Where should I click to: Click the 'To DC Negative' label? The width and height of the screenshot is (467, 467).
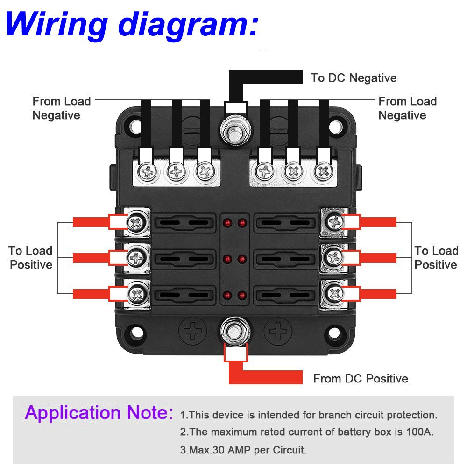(354, 78)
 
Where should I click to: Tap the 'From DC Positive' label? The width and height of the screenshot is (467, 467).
(361, 378)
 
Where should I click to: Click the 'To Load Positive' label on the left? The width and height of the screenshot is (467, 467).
(31, 258)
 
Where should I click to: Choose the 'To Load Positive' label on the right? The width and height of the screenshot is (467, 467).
(436, 258)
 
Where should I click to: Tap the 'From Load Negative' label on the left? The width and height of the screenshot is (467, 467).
(61, 108)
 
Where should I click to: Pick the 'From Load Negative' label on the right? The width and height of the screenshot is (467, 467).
(407, 108)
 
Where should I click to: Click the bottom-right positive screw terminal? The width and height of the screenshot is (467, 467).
(335, 293)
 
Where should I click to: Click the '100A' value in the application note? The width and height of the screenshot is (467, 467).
(418, 432)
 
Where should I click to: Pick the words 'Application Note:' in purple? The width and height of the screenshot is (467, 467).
(99, 413)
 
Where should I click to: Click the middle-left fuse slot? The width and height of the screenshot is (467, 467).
(185, 258)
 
